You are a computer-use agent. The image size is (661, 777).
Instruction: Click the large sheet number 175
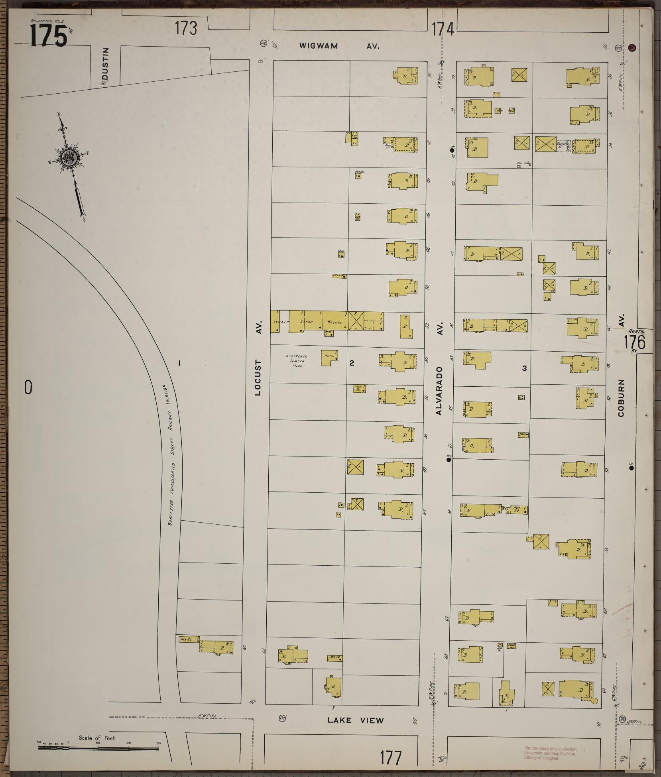(x=48, y=36)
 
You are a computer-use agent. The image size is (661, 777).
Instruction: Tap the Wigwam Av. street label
(x=339, y=46)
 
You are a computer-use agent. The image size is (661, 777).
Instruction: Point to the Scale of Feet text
(x=97, y=738)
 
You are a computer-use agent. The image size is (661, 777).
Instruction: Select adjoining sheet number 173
(x=186, y=29)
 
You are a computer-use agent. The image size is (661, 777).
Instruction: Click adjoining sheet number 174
(x=443, y=29)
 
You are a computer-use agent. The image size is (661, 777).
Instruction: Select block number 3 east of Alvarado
(x=524, y=368)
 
